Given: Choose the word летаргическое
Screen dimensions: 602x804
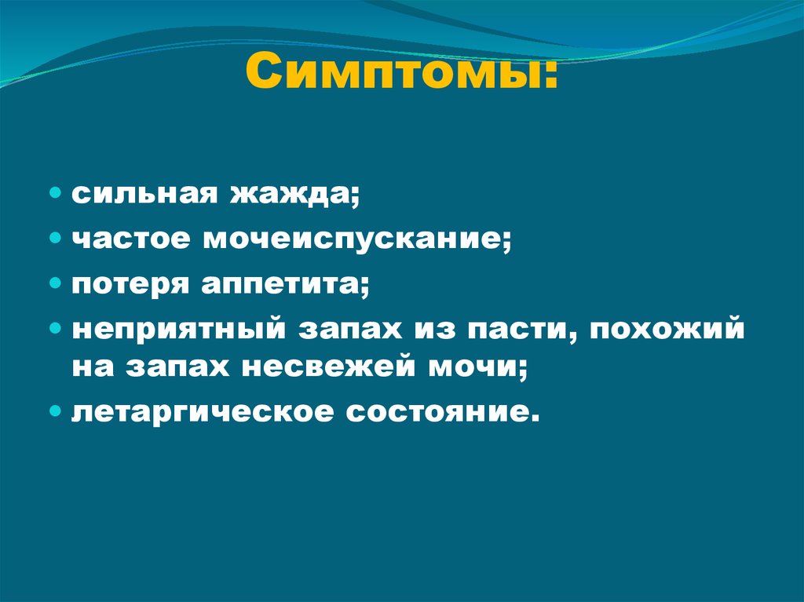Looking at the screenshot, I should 199,411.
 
